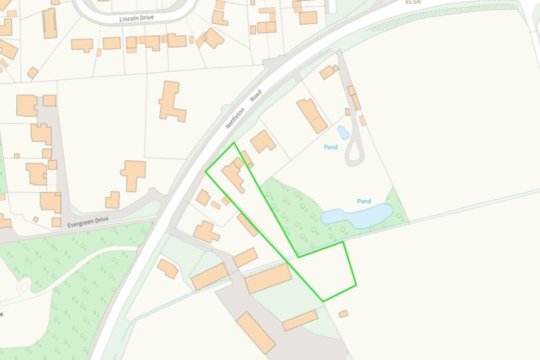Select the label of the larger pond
[364, 201]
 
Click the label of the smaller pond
[331, 147]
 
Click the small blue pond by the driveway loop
[343, 132]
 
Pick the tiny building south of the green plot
[343, 314]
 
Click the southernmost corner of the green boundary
[323, 301]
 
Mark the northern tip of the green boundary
[234, 142]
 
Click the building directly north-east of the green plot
[262, 141]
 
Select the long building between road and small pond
[312, 115]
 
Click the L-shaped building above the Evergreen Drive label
[133, 174]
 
